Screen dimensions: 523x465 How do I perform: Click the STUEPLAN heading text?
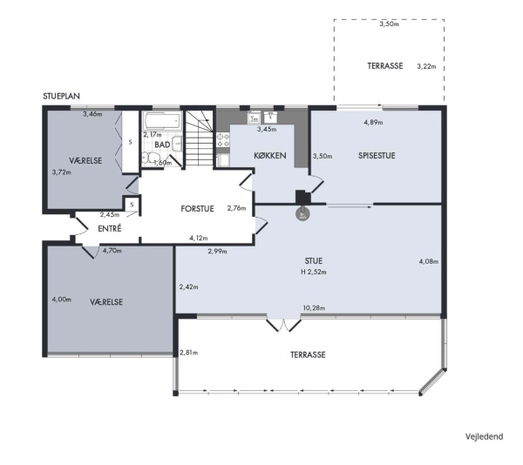(x=61, y=97)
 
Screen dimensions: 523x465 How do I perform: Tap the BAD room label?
(x=162, y=145)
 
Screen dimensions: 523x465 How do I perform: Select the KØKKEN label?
(x=270, y=156)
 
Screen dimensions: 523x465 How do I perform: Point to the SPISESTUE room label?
(x=377, y=156)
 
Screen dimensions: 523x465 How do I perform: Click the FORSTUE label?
(x=197, y=209)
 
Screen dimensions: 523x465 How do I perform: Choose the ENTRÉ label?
(x=110, y=228)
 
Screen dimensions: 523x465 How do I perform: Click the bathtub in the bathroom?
(x=162, y=121)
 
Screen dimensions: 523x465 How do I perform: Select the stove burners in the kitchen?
(x=223, y=140)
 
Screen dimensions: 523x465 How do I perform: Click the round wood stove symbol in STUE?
(x=302, y=214)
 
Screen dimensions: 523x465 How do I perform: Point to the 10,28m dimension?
(x=314, y=308)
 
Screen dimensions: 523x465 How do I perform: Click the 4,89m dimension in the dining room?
(x=373, y=122)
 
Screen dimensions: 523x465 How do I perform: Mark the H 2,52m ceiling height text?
(x=314, y=272)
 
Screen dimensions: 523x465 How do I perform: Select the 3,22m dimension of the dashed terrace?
(x=426, y=66)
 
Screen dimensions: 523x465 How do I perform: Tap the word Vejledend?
(x=485, y=436)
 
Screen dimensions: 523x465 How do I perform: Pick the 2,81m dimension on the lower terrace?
(x=189, y=353)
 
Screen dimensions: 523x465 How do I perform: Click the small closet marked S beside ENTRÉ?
(x=132, y=205)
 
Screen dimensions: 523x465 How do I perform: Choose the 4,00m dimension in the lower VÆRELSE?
(x=61, y=300)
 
